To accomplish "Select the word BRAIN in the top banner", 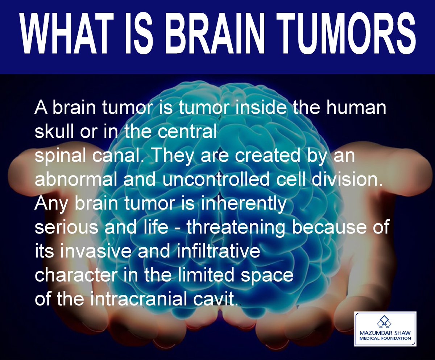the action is click(x=215, y=33).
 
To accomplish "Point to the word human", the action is click(x=356, y=108).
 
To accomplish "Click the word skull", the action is click(x=54, y=132).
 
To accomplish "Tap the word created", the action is click(x=268, y=156).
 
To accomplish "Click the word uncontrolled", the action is click(x=216, y=179).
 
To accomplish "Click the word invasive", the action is click(x=96, y=251).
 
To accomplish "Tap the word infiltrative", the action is click(x=219, y=251).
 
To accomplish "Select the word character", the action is click(x=76, y=275).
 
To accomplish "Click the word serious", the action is click(x=66, y=227).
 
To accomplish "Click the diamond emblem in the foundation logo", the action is click(x=385, y=322).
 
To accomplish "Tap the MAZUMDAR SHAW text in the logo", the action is click(x=385, y=333).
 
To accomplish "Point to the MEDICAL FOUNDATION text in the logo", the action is click(x=385, y=338).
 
